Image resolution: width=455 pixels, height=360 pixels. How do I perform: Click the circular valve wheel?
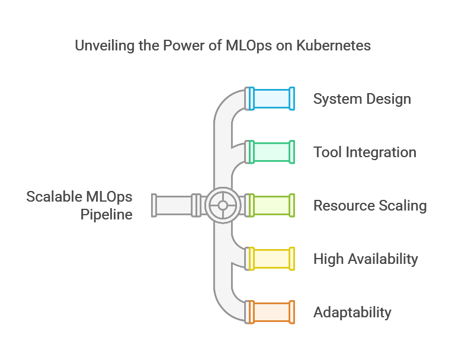(223, 205)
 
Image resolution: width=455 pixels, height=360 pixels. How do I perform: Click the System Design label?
(362, 98)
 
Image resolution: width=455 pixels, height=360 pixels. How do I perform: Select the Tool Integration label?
(364, 152)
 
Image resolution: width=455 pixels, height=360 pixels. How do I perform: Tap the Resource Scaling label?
(370, 205)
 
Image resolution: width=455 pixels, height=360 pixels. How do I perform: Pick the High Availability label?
(366, 259)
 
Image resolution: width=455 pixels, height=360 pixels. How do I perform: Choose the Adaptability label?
(352, 312)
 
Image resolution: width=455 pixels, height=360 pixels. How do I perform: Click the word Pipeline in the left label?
(106, 214)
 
